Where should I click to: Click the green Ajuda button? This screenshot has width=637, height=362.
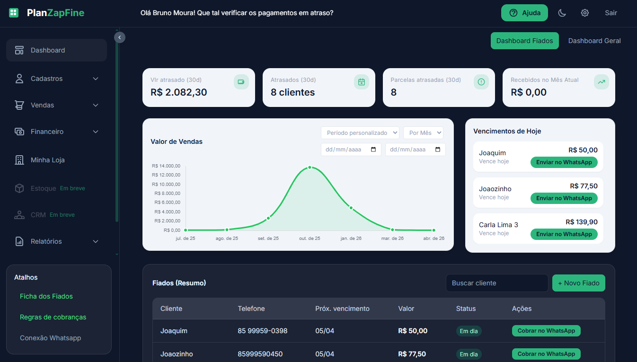click(x=524, y=13)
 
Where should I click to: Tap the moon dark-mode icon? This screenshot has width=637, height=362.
click(x=562, y=13)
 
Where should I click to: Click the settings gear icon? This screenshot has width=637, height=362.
click(x=585, y=13)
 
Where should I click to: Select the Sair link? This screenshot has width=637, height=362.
click(x=610, y=13)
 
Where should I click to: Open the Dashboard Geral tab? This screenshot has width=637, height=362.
click(x=594, y=41)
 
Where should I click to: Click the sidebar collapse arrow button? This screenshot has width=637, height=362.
click(x=120, y=37)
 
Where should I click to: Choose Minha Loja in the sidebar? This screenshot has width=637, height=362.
click(x=47, y=160)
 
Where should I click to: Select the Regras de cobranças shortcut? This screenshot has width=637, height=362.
click(x=53, y=317)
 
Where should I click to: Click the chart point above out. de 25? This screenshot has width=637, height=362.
click(x=310, y=167)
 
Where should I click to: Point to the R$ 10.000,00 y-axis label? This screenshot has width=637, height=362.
click(x=166, y=184)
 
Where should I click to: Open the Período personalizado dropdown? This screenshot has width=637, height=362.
click(x=360, y=133)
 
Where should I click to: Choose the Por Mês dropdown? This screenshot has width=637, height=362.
click(x=423, y=133)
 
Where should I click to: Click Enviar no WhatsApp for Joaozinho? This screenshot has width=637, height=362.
click(x=564, y=198)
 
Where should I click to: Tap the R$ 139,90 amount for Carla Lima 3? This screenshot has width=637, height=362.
click(x=581, y=222)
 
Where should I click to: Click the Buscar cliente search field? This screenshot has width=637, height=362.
click(x=496, y=283)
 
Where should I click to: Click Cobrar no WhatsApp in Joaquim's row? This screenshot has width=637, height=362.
click(x=546, y=331)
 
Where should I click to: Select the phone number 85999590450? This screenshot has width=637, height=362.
click(x=260, y=354)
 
